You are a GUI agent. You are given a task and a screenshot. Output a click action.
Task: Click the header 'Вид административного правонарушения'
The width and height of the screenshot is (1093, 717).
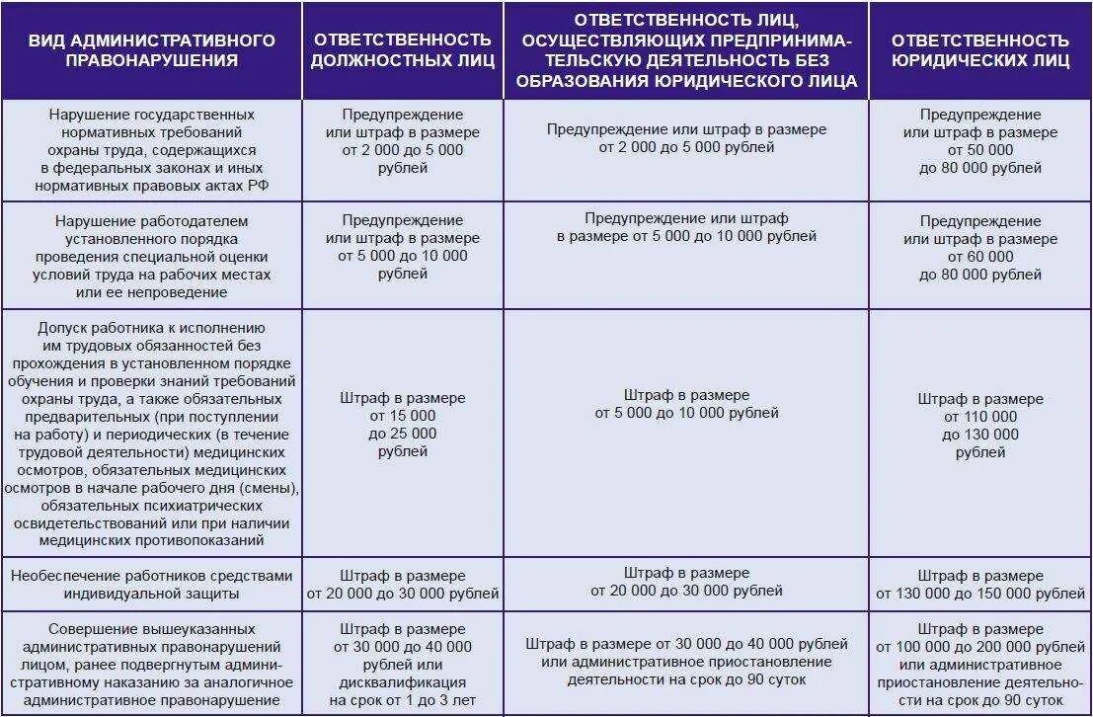pos(151,50)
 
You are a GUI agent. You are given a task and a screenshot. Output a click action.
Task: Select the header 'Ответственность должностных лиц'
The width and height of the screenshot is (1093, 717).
pos(402,50)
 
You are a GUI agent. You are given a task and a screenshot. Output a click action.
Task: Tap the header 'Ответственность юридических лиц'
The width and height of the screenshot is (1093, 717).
pos(979,50)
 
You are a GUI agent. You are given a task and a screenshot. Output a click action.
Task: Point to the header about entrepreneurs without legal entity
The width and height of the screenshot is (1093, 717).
pos(686,50)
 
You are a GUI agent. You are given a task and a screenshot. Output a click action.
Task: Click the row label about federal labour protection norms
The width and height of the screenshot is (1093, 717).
pos(151,150)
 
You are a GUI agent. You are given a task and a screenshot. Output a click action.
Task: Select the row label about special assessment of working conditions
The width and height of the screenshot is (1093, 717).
pos(151,256)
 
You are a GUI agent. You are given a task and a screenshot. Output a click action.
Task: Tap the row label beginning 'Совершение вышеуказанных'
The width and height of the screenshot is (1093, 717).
pos(151,664)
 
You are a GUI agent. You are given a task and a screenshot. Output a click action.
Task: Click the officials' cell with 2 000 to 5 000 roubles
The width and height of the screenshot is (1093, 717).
pos(402,141)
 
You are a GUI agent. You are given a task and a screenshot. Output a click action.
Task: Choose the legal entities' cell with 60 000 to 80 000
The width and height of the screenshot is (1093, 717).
pos(979,248)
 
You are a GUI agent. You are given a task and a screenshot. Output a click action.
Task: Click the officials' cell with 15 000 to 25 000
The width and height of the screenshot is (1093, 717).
pos(402,425)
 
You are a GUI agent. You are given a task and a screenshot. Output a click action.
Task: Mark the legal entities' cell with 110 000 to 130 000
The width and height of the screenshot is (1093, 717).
pos(979,426)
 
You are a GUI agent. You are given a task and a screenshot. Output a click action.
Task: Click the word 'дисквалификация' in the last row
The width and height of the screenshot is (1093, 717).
pos(402,681)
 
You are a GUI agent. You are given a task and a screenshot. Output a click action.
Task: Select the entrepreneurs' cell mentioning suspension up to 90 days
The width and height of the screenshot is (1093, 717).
pos(686,663)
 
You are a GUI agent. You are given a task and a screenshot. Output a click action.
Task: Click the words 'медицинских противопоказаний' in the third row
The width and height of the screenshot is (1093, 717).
pos(151,541)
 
